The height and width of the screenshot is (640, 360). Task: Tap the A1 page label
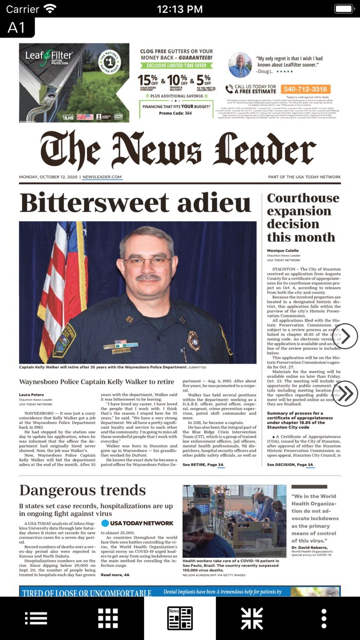click(16, 27)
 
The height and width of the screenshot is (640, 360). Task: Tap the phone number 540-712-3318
click(305, 89)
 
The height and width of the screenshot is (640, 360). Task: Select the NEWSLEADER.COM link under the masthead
click(102, 177)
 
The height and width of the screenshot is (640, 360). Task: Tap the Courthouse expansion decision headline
click(302, 218)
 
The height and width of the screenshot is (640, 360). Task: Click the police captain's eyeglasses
click(148, 261)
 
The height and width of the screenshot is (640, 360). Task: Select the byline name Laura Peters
click(31, 395)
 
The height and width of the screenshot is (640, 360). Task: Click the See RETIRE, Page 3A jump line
click(203, 465)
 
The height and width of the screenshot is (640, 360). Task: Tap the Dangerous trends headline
click(82, 490)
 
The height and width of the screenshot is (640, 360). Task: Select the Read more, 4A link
click(115, 575)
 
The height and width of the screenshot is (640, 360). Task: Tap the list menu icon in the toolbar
click(36, 618)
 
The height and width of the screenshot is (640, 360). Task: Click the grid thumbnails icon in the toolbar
click(108, 618)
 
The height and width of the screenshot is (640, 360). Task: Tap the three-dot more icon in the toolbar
click(323, 618)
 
